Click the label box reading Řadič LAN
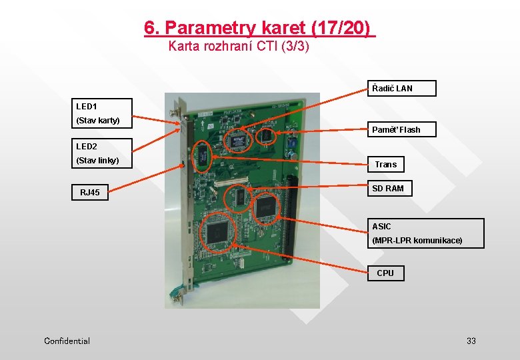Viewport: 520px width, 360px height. (401, 88)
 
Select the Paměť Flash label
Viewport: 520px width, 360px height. (401, 129)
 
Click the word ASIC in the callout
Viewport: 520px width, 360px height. (382, 227)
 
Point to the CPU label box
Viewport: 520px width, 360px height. (385, 273)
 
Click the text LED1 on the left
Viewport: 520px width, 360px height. (87, 106)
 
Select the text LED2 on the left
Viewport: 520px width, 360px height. (87, 146)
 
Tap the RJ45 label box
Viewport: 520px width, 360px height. (90, 193)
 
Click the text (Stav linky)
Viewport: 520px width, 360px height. (97, 161)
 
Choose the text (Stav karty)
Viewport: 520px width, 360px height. (98, 121)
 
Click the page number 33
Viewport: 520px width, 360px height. (471, 341)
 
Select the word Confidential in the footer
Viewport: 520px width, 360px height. (67, 341)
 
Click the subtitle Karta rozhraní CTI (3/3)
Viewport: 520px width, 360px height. (239, 47)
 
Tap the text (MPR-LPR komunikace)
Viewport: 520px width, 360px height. (417, 240)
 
